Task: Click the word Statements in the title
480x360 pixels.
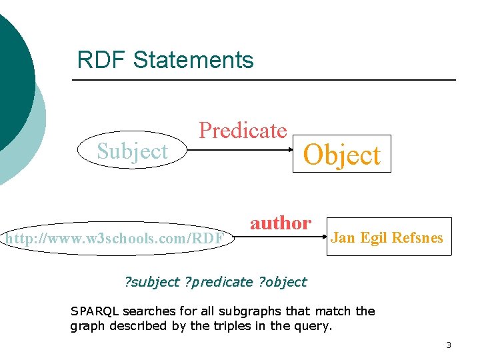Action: pyautogui.click(x=193, y=60)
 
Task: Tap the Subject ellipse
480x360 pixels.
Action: pyautogui.click(x=132, y=152)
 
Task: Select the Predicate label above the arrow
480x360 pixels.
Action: pyautogui.click(x=243, y=130)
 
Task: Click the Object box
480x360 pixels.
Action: pyautogui.click(x=342, y=155)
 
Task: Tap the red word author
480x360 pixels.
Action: pyautogui.click(x=280, y=223)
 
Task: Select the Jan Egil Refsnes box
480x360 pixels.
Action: pyautogui.click(x=387, y=237)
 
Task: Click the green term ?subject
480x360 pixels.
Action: pyautogui.click(x=153, y=282)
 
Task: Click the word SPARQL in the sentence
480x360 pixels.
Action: pyautogui.click(x=94, y=311)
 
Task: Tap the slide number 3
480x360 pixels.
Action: pyautogui.click(x=449, y=345)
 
